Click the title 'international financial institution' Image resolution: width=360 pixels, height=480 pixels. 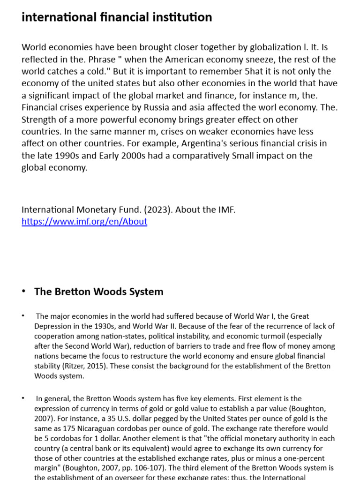(117, 17)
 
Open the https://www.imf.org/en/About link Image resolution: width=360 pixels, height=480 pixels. (84, 222)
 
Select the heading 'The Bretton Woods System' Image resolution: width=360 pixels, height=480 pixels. (99, 292)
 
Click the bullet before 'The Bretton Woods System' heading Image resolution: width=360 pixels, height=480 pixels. (24, 292)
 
